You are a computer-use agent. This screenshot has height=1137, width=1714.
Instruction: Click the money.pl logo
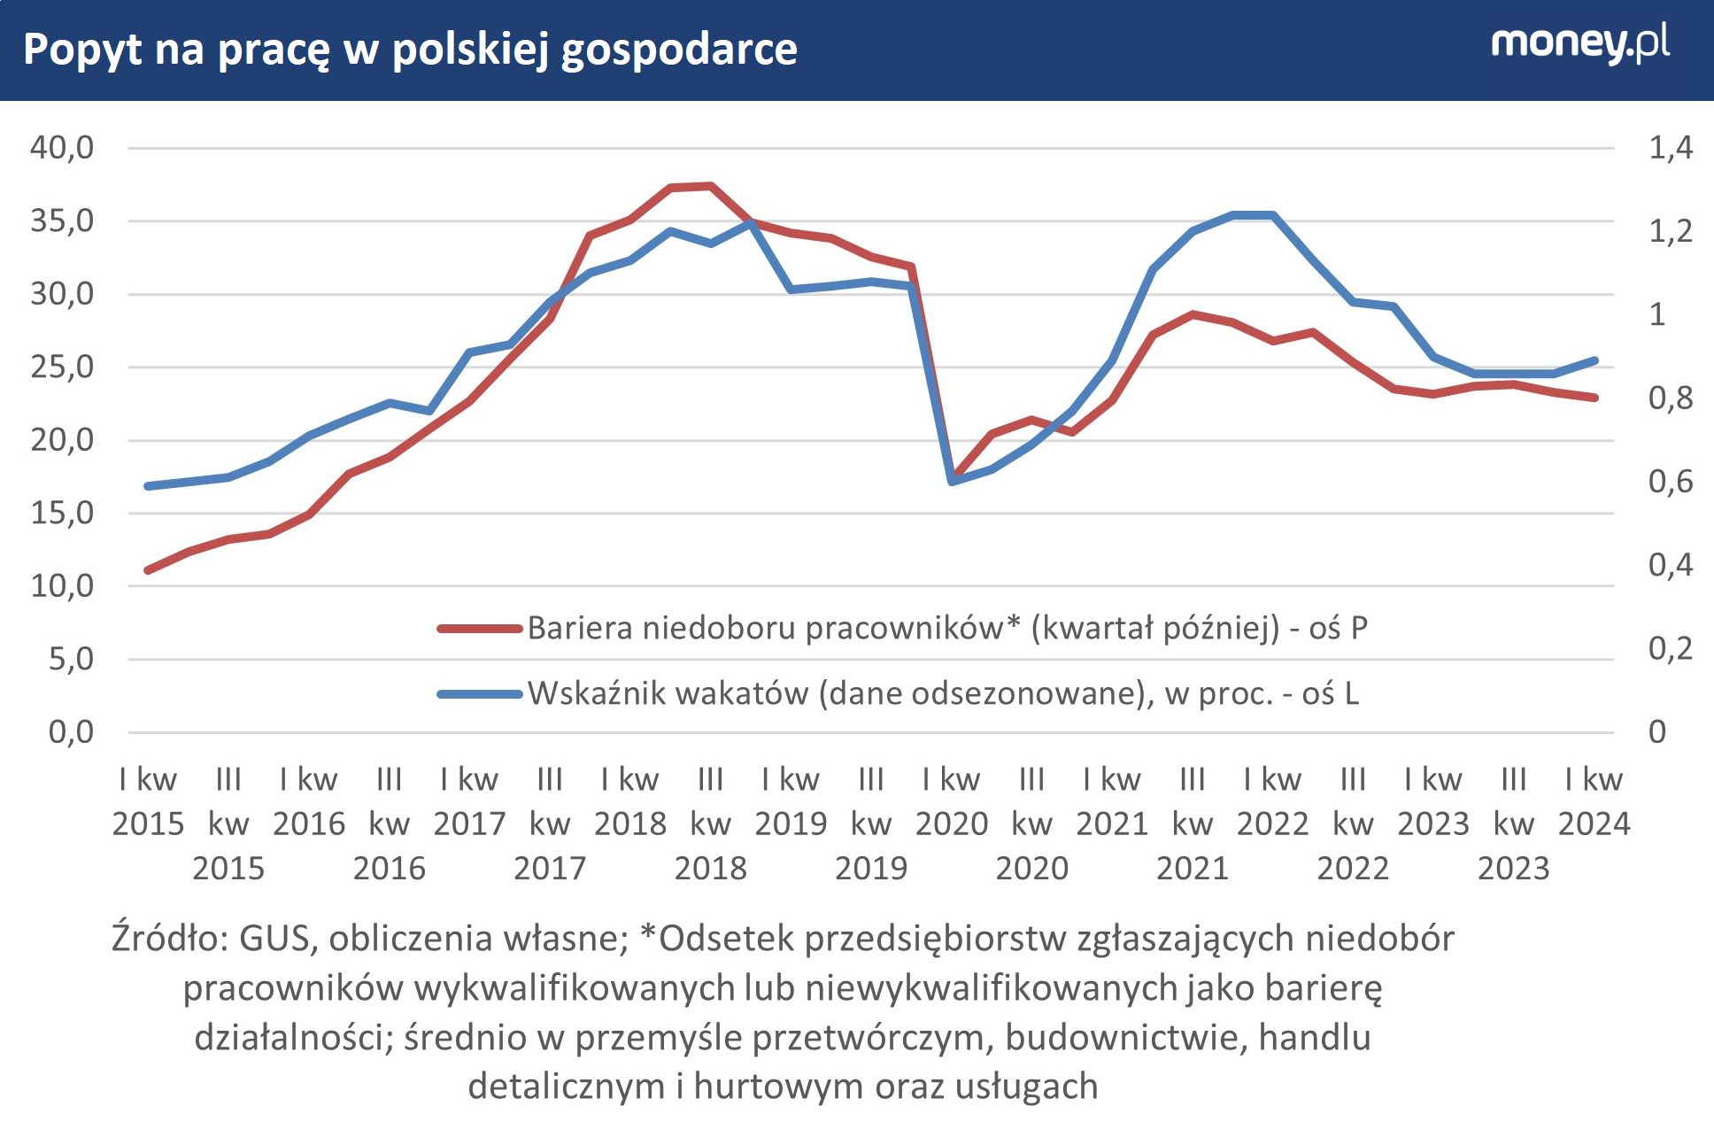point(1579,44)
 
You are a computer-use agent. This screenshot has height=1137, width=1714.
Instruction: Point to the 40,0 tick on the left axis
point(62,147)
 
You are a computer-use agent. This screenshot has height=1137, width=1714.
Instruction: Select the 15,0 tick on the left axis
point(62,513)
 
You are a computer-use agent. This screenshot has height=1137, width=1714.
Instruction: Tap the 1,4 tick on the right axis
point(1670,147)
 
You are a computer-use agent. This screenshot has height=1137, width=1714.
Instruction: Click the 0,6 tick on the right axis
point(1670,481)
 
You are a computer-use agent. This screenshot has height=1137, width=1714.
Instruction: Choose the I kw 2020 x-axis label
point(951,801)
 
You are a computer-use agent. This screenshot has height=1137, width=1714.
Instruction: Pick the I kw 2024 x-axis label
point(1594,801)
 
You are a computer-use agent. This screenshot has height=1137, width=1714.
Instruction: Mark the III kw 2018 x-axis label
point(710,824)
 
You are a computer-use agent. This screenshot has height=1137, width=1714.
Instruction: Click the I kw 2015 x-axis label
point(148,801)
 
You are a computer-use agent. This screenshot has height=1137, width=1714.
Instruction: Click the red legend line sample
point(479,629)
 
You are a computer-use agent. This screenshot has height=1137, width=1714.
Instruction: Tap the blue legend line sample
point(479,694)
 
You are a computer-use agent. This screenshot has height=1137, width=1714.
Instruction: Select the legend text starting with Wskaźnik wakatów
point(943,693)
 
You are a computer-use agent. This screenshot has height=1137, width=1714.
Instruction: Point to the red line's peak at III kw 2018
point(711,186)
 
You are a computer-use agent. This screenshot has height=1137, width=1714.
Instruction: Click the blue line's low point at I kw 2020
point(953,481)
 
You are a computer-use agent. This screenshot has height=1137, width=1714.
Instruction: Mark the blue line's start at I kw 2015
point(148,486)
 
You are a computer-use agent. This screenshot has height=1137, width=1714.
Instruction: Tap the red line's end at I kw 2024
point(1594,398)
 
